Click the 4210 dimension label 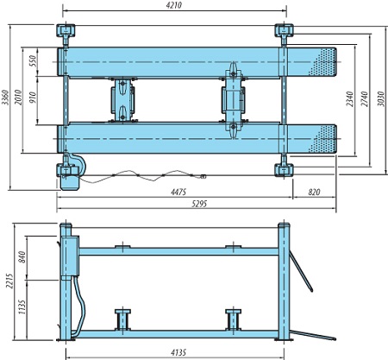pyautogui.click(x=174, y=5)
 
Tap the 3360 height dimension pyautogui.click(x=5, y=98)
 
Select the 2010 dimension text pyautogui.click(x=18, y=98)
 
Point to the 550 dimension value pyautogui.click(x=32, y=60)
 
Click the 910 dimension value pyautogui.click(x=32, y=98)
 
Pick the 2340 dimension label pyautogui.click(x=349, y=99)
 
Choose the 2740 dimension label pyautogui.click(x=365, y=99)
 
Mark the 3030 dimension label pyautogui.click(x=381, y=99)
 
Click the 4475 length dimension pyautogui.click(x=178, y=192)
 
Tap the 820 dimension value pyautogui.click(x=314, y=192)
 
